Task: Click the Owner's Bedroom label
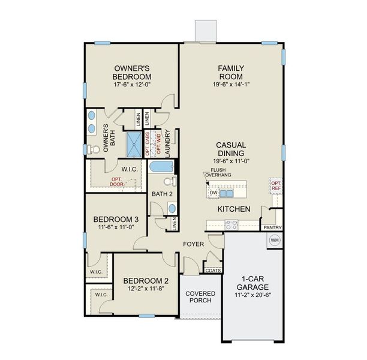pos(132,73)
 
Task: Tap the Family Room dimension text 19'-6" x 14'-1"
pos(230,85)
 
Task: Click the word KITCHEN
pos(233,209)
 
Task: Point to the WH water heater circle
pos(275,240)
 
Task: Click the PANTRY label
pos(272,228)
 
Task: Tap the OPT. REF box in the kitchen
pos(276,185)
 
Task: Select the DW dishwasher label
pos(213,193)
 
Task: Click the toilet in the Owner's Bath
pos(92,149)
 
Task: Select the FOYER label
pos(194,245)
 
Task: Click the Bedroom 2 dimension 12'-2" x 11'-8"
pos(145,288)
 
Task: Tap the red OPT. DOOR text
pos(116,181)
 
